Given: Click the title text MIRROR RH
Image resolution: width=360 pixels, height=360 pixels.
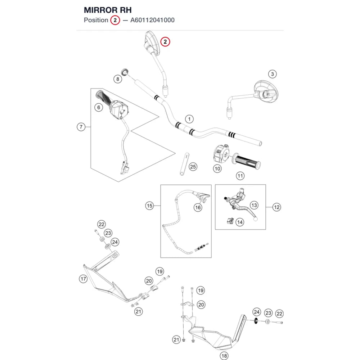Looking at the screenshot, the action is click(x=108, y=10).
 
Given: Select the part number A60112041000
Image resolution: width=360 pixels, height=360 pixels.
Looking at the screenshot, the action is click(x=152, y=20).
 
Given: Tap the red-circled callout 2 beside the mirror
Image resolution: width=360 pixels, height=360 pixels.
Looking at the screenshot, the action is click(x=165, y=42).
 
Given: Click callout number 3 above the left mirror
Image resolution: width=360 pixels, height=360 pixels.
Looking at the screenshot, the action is click(x=272, y=74).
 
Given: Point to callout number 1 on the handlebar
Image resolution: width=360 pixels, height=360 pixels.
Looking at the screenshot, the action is click(x=189, y=119).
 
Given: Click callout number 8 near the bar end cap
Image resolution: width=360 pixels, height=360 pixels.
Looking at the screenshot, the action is click(x=118, y=79).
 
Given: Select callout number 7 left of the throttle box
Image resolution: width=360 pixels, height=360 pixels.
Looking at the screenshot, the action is click(x=81, y=127).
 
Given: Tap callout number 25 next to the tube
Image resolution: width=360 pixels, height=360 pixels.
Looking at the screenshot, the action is click(x=193, y=167).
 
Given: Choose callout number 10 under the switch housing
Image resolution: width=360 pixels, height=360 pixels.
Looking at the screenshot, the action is click(x=217, y=169).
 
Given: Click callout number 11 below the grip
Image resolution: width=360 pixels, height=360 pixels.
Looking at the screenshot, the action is click(x=240, y=176).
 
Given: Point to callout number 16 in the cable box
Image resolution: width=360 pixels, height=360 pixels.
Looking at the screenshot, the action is click(x=198, y=208).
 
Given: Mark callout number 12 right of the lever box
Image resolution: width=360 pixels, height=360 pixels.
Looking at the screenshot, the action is click(x=276, y=207).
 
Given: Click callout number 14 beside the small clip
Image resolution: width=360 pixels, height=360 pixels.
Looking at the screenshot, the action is click(x=240, y=222).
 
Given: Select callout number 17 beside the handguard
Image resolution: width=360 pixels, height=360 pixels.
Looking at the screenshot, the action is click(x=83, y=279).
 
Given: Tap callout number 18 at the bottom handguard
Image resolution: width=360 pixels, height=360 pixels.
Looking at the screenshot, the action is click(x=224, y=356).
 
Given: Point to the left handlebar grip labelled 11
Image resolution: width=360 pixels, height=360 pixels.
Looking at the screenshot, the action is click(x=246, y=162).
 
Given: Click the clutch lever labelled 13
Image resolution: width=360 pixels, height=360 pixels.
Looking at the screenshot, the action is click(x=241, y=205).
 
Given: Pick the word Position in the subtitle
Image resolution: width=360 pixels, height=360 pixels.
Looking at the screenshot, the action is click(x=96, y=20).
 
